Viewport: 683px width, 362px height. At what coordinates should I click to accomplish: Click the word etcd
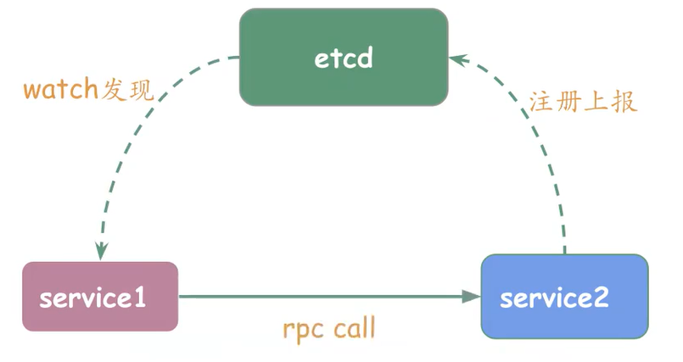(343, 59)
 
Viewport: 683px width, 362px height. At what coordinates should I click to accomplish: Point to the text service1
(92, 298)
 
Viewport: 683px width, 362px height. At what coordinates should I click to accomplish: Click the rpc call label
(328, 328)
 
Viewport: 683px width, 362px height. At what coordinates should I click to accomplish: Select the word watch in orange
(61, 90)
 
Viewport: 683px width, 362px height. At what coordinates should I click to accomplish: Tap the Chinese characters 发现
(128, 90)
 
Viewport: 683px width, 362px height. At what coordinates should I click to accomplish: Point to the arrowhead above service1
(101, 251)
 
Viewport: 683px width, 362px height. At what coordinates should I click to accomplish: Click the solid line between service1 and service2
(322, 297)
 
